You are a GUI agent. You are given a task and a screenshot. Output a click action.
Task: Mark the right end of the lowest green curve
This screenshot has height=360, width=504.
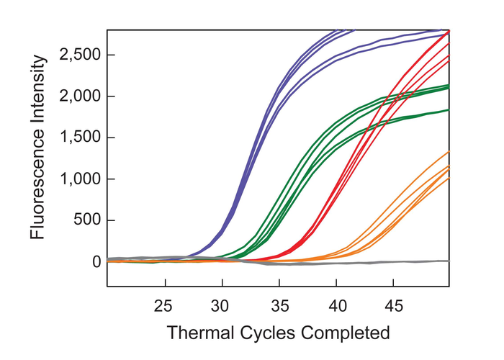coord(449,109)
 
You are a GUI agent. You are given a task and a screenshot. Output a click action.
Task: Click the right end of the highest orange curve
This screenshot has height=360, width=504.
coord(449,152)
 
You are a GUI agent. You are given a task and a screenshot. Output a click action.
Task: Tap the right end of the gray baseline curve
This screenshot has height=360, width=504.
coord(449,261)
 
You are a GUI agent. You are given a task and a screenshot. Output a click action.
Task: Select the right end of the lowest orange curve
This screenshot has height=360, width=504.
coord(449,178)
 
